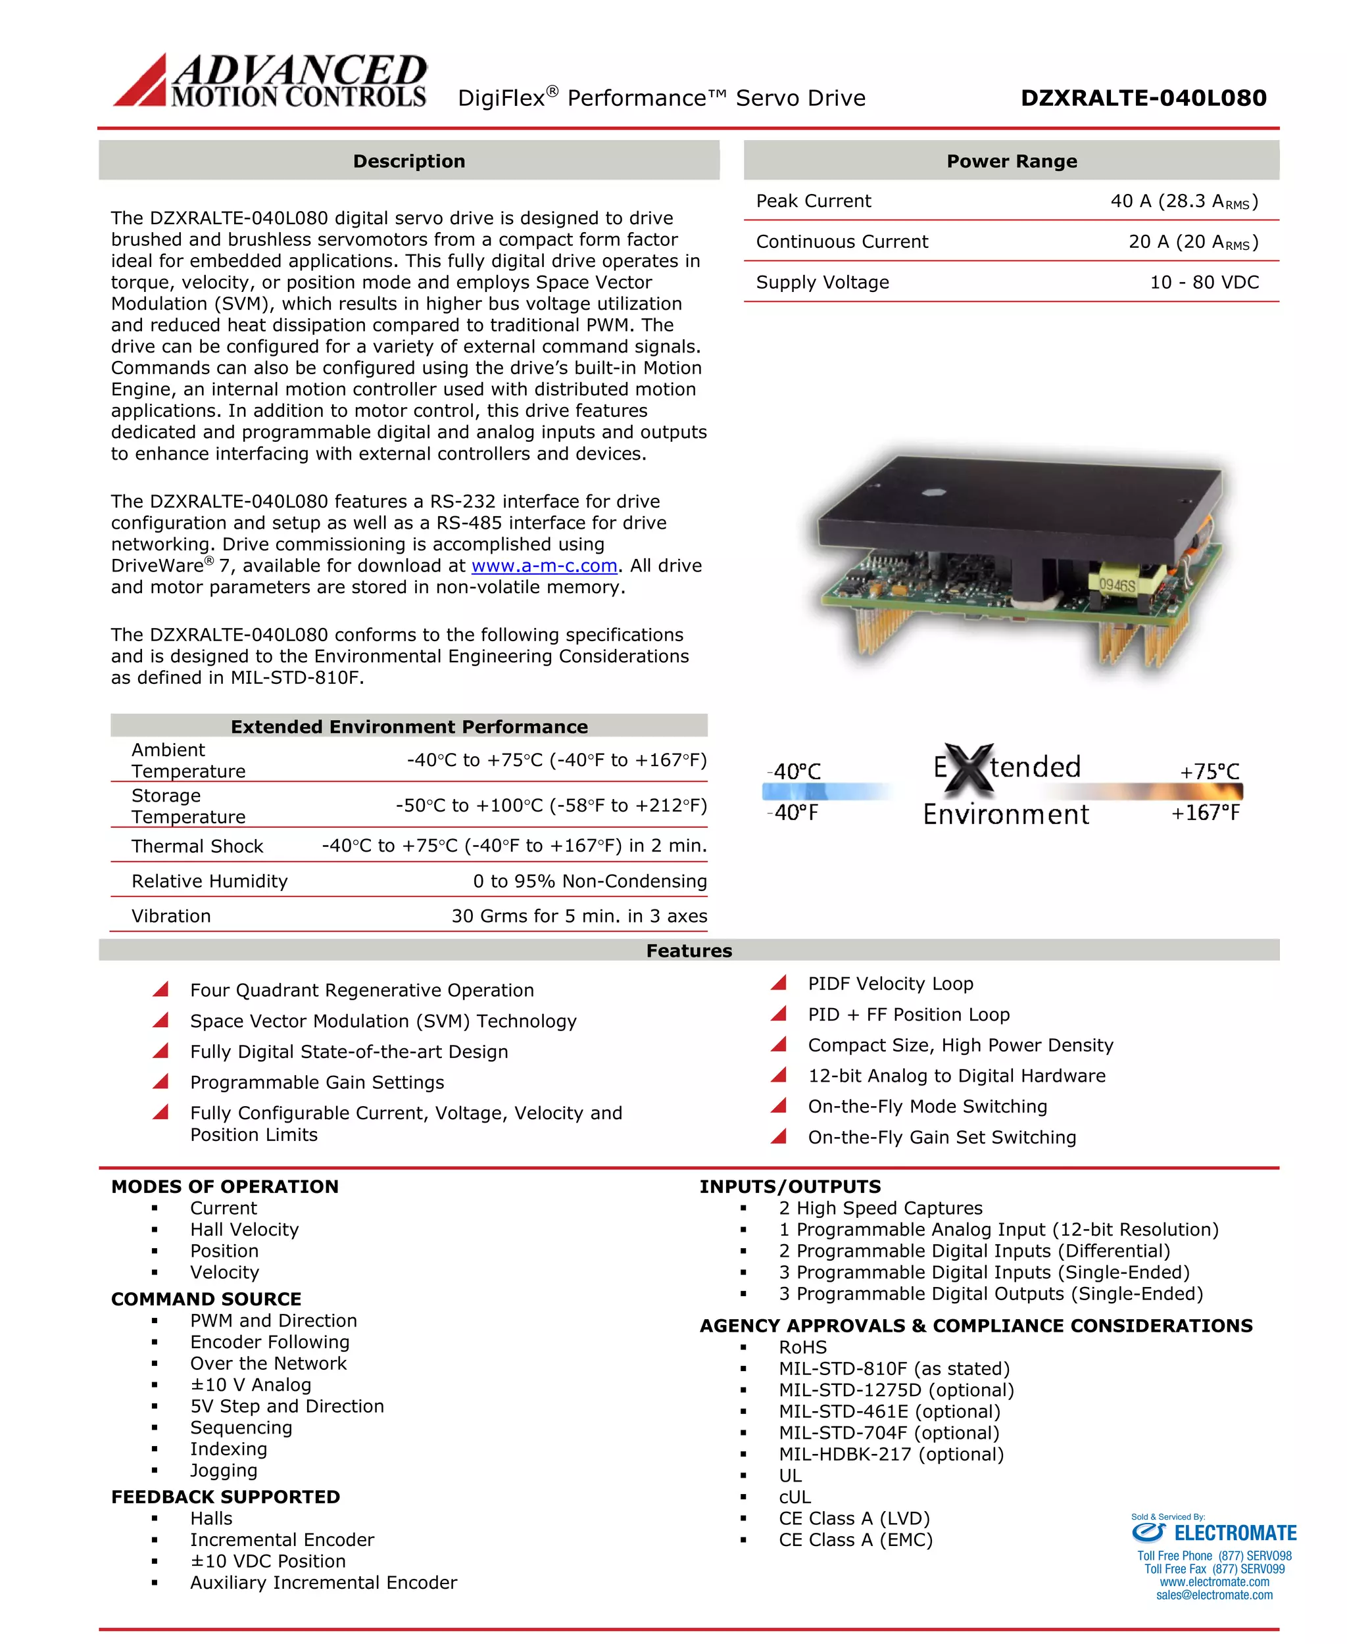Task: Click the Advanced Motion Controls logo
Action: coord(270,80)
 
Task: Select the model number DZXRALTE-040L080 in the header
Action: coord(1143,98)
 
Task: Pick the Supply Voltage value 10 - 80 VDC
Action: coord(1204,282)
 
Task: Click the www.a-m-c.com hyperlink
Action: coord(544,566)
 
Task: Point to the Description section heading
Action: coord(409,161)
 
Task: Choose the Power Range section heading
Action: coord(1011,161)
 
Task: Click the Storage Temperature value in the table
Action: coord(551,806)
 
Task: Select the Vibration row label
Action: coord(171,916)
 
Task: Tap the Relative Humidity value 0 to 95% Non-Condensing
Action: coord(590,881)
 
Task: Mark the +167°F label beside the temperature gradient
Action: coord(1205,812)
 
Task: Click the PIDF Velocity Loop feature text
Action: coord(890,984)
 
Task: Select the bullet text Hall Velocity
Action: coord(245,1230)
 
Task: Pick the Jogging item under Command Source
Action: coord(224,1470)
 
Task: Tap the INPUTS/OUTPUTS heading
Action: coord(790,1186)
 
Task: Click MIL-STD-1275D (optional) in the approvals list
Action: coord(896,1390)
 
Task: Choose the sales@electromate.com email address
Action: coord(1213,1595)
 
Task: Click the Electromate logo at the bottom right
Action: coord(1213,1533)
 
